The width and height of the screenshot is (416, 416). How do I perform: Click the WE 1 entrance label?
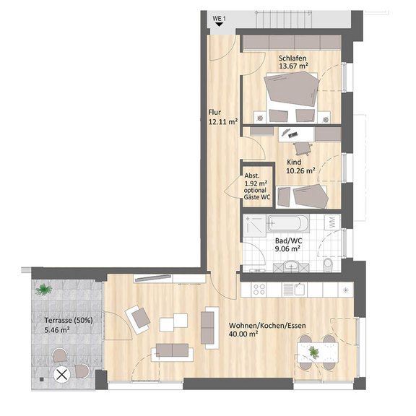click(219, 19)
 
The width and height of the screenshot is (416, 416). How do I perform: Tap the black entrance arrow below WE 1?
click(219, 25)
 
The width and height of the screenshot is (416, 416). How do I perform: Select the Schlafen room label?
click(292, 58)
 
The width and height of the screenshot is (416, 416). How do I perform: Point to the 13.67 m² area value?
click(293, 66)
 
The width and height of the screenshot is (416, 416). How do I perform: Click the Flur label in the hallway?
click(214, 113)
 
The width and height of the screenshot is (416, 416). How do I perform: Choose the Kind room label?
click(294, 162)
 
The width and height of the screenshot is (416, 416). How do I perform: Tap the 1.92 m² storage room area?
click(256, 183)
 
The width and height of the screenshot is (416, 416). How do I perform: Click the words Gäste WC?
click(257, 197)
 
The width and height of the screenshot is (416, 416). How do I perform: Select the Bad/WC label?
click(288, 241)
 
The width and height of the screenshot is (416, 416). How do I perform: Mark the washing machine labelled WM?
click(332, 222)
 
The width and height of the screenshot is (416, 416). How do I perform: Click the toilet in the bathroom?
click(328, 264)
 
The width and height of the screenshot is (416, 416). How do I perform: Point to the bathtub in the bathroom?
click(288, 224)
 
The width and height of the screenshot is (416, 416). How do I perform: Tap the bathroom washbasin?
click(291, 266)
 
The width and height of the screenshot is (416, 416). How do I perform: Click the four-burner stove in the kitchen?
click(259, 289)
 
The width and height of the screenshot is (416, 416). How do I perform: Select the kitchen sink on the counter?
click(295, 289)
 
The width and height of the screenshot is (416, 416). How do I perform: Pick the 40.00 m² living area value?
click(243, 334)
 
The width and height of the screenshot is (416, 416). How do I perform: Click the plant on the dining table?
click(314, 352)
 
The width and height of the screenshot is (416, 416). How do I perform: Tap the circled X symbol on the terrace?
click(62, 375)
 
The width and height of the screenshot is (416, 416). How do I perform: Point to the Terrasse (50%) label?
click(69, 320)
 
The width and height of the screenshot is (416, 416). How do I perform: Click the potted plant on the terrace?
click(44, 289)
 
